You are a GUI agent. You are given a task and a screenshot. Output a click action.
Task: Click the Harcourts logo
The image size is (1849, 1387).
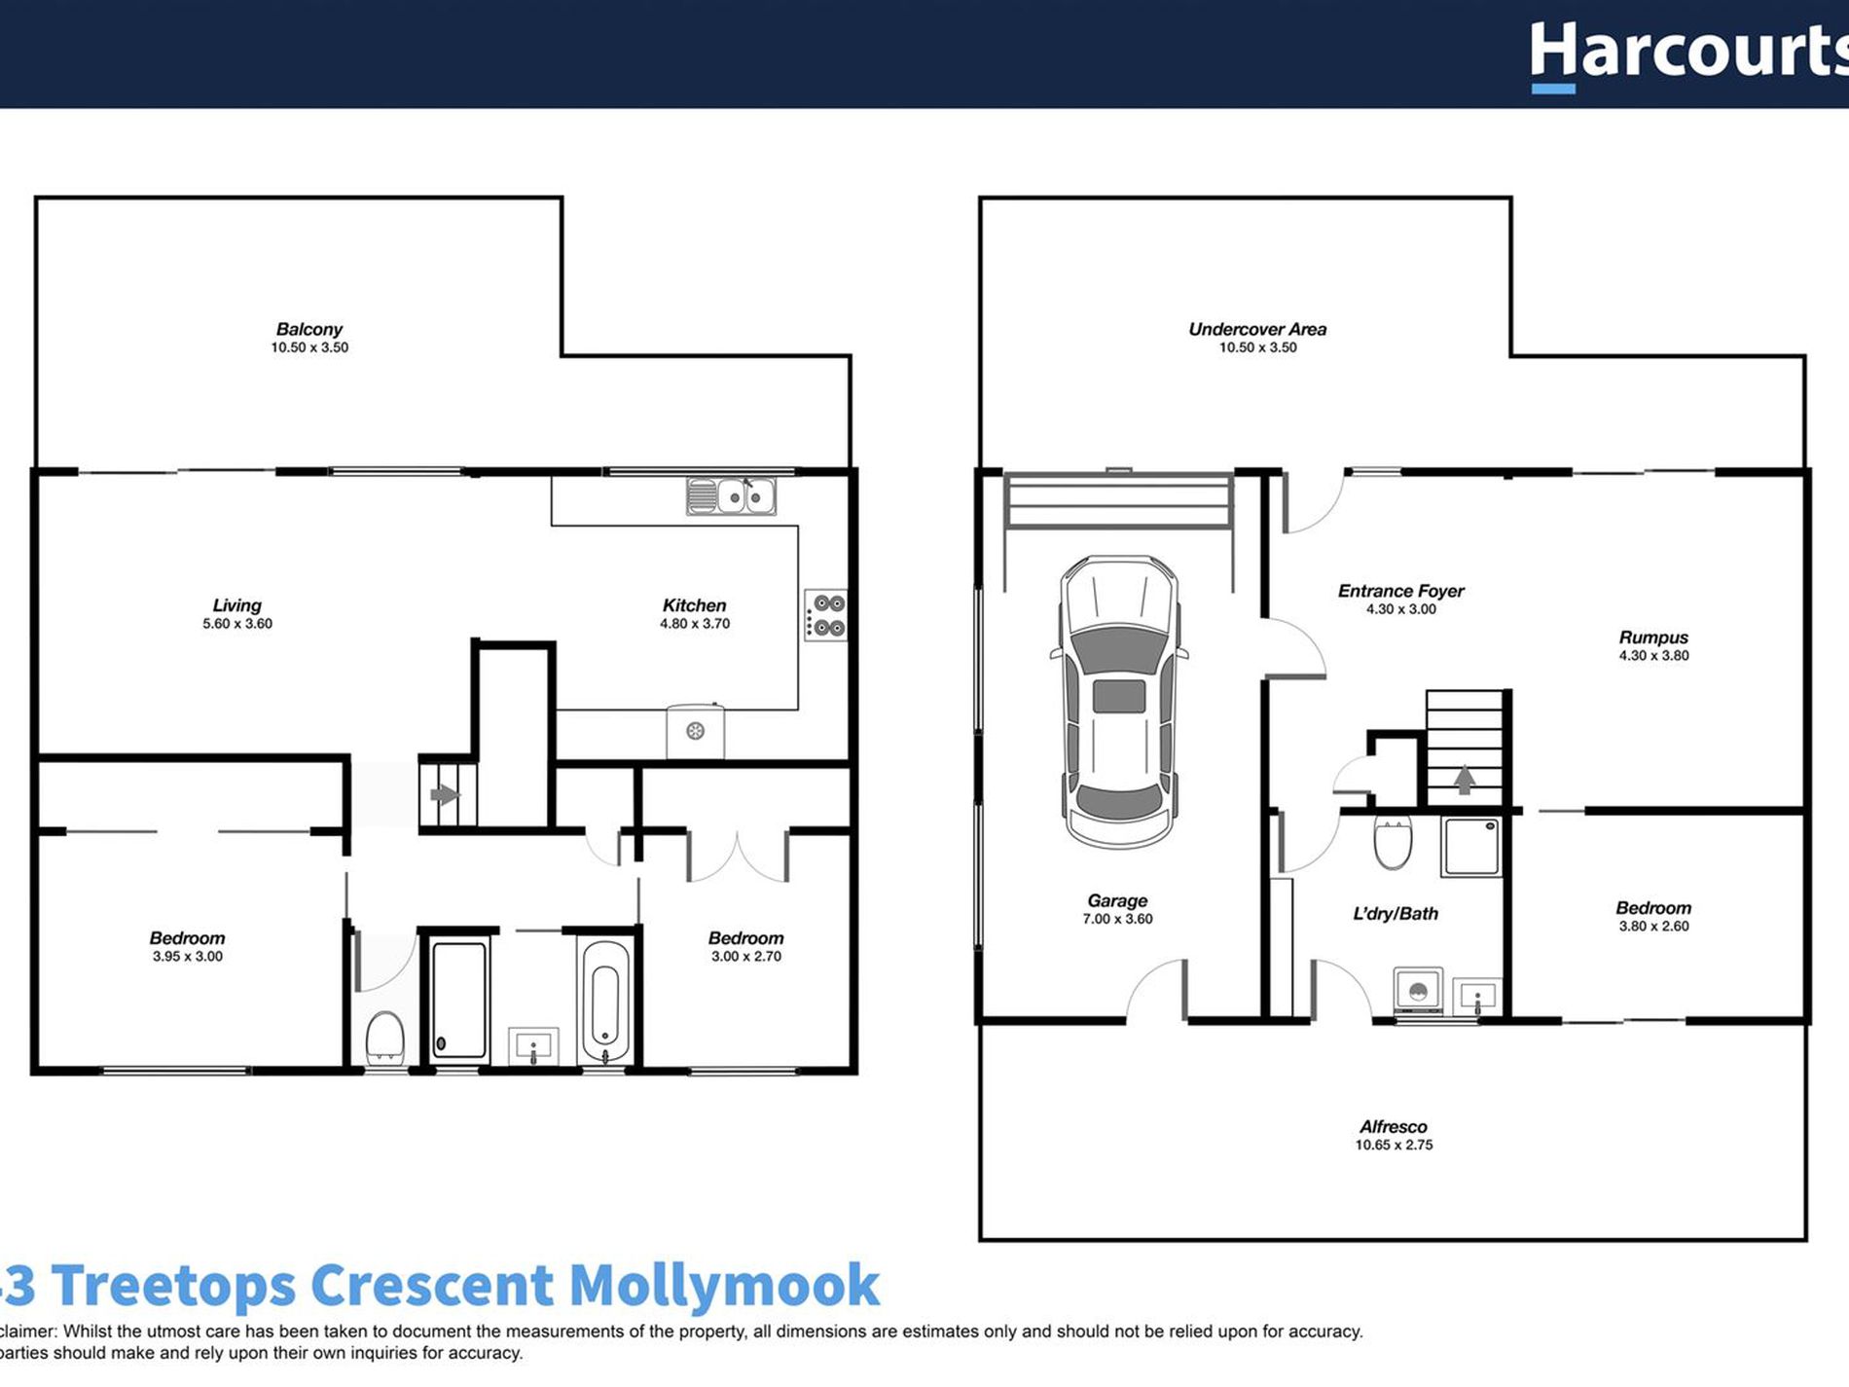click(x=1688, y=54)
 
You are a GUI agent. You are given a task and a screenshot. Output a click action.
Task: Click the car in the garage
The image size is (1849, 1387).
click(x=1118, y=701)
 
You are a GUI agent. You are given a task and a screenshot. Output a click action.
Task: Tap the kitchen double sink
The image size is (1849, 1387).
click(x=732, y=496)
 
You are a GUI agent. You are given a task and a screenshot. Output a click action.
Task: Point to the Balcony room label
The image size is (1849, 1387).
click(x=308, y=329)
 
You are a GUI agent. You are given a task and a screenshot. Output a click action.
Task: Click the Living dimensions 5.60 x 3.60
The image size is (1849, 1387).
click(x=237, y=624)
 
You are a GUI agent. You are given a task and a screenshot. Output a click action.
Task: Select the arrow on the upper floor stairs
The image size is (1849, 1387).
click(x=445, y=795)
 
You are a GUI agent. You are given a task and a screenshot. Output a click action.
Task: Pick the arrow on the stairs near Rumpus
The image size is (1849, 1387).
click(x=1464, y=779)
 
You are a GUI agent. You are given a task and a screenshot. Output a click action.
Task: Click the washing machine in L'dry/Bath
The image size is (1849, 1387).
click(x=1418, y=992)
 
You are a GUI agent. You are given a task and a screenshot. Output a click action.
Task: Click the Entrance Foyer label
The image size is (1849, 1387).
click(x=1400, y=591)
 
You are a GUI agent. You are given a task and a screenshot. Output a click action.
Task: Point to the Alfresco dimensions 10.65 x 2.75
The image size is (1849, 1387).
click(x=1394, y=1146)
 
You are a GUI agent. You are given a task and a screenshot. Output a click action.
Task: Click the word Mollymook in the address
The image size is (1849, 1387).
click(x=724, y=1285)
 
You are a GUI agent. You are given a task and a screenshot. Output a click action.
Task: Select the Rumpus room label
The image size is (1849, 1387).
click(x=1653, y=638)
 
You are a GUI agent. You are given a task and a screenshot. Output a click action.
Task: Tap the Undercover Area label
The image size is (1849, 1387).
click(x=1256, y=329)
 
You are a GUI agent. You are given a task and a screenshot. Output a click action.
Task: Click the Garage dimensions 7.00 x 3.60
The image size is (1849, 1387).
click(x=1117, y=919)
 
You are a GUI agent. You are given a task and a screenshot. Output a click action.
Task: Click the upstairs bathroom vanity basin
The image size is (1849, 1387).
click(x=533, y=1047)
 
